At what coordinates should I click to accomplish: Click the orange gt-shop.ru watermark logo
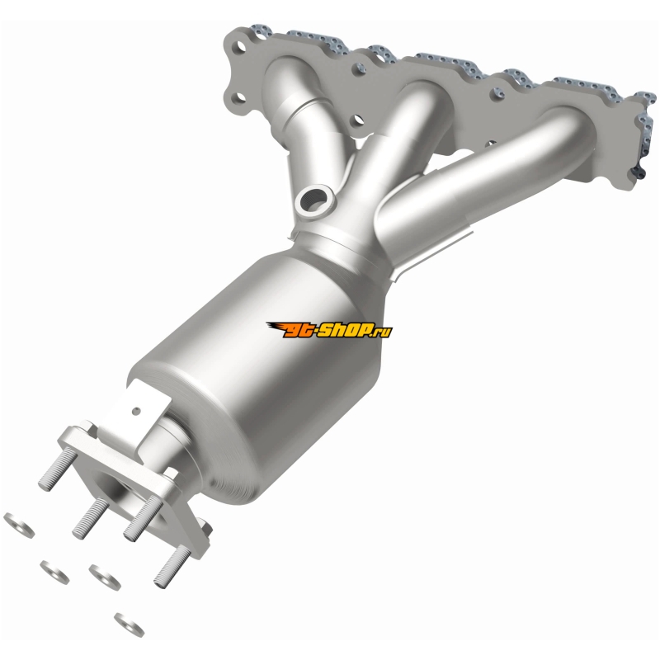pyautogui.click(x=328, y=330)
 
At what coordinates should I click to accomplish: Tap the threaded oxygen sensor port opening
pyautogui.click(x=314, y=198)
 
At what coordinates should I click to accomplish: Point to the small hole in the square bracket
pyautogui.click(x=135, y=411)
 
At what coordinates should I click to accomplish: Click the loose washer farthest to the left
pyautogui.click(x=19, y=525)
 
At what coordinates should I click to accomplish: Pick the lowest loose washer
pyautogui.click(x=130, y=625)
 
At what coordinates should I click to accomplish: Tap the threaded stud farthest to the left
pyautogui.click(x=54, y=469)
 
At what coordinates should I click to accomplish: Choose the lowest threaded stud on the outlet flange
pyautogui.click(x=172, y=565)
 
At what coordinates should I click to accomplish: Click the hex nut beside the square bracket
pyautogui.click(x=90, y=427)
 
